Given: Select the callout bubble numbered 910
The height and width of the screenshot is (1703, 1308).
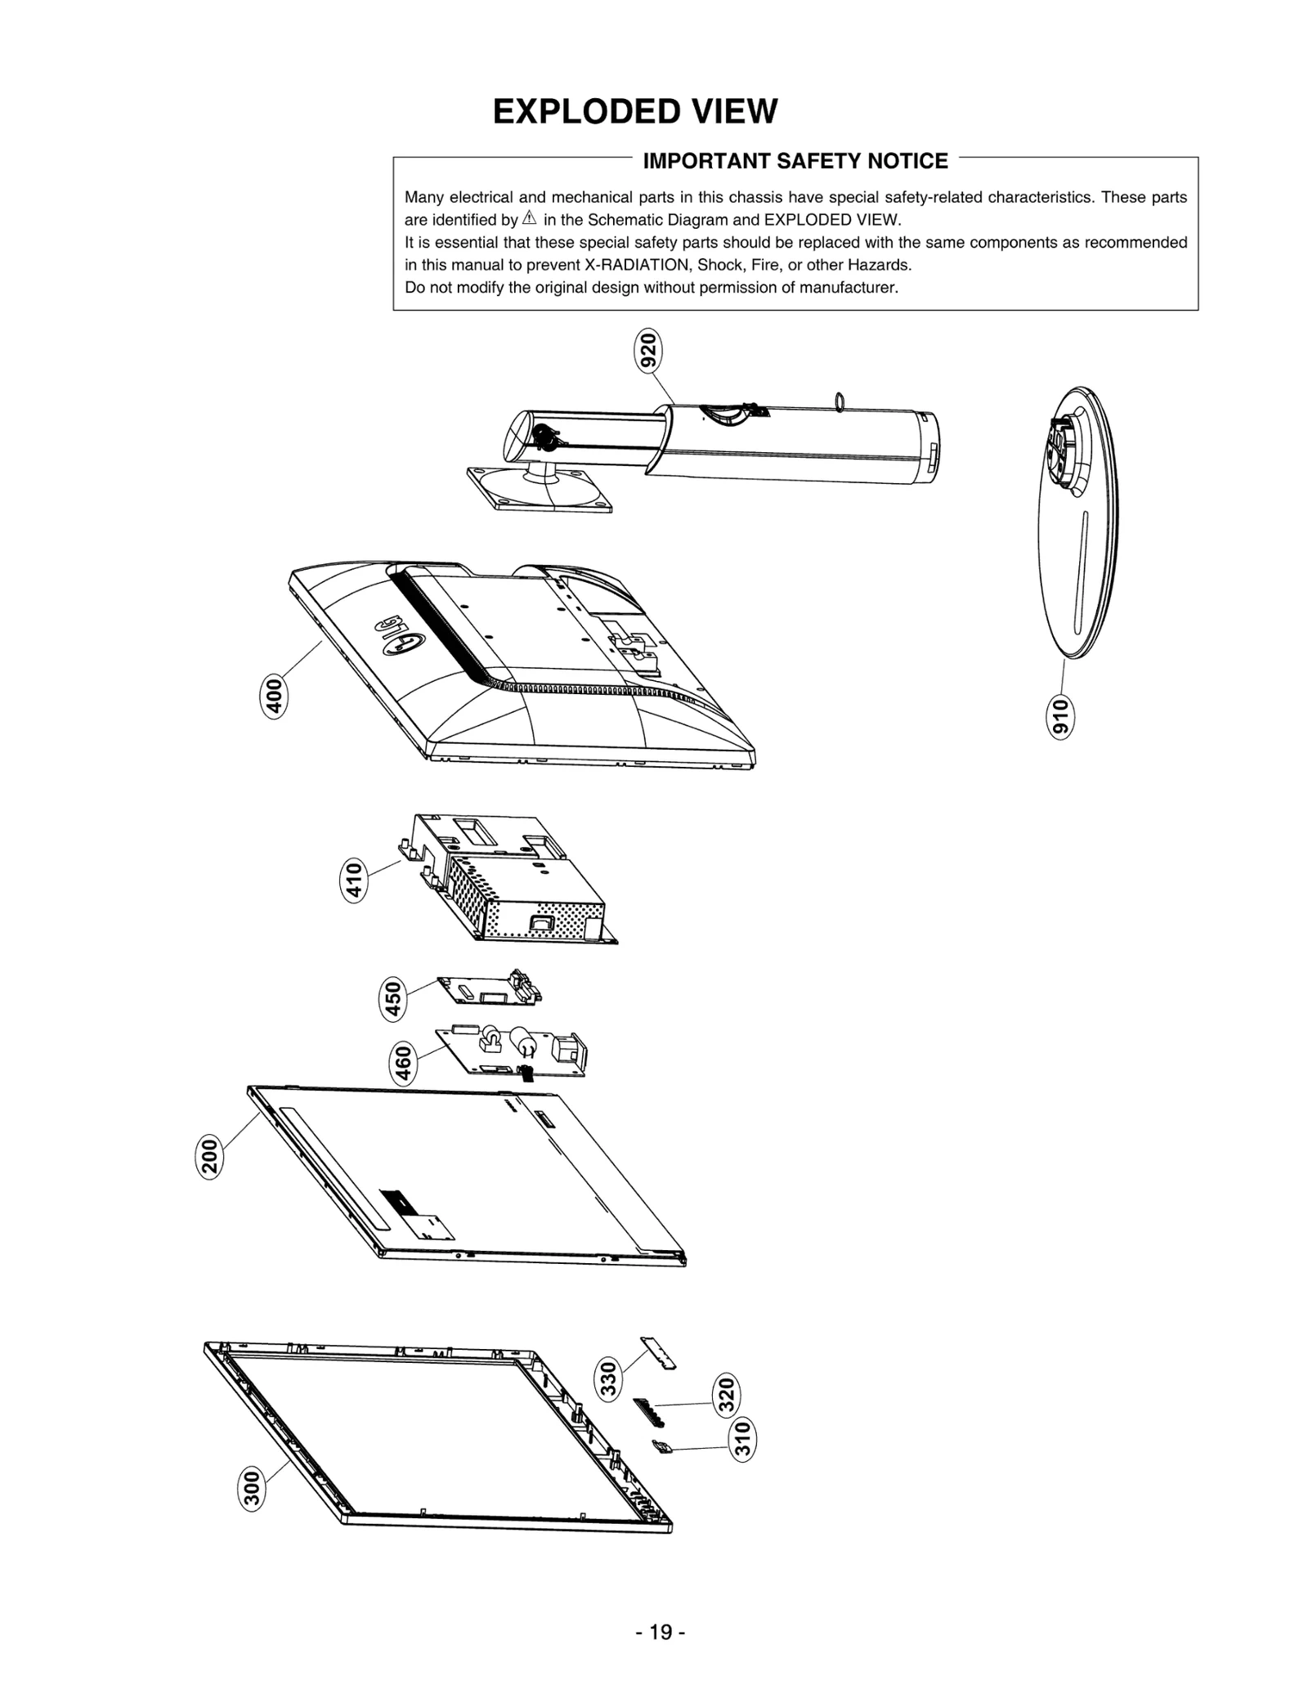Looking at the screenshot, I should (1060, 717).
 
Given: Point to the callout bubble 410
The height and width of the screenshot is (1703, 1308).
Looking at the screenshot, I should (352, 881).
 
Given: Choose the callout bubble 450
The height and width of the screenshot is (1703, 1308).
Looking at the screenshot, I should (393, 999).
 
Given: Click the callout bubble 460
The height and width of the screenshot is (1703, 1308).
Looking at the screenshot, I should (403, 1063).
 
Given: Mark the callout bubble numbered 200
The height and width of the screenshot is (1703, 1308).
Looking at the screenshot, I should (210, 1156).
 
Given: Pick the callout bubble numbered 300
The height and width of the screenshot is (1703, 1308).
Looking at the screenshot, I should (252, 1487).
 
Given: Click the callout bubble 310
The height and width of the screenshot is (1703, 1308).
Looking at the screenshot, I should (741, 1441).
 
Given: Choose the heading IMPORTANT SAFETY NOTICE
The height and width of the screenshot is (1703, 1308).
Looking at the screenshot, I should (795, 161).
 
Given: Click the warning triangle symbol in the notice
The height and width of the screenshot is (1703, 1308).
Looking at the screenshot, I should (529, 218).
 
